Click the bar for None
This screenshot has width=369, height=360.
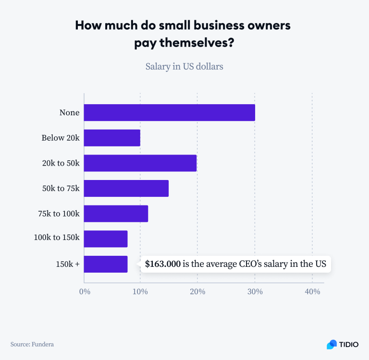point(170,113)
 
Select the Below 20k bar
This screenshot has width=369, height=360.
point(112,138)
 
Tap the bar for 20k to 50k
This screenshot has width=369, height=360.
point(140,163)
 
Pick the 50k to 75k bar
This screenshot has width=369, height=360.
point(126,188)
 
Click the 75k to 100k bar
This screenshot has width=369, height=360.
point(116,214)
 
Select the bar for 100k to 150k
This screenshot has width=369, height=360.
point(106,239)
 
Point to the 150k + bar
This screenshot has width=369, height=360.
point(106,264)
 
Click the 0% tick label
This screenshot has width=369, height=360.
point(84,292)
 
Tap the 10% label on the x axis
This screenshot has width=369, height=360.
point(140,292)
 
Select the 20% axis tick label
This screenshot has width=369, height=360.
point(197,292)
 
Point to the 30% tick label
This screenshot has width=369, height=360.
point(255,292)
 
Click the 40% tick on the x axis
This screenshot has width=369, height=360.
point(312,292)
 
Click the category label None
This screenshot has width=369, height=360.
point(69,113)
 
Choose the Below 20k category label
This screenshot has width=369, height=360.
point(60,138)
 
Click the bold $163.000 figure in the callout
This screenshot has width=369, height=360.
point(163,264)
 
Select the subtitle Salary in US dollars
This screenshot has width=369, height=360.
point(184,66)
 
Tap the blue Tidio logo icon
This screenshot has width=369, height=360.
point(332,344)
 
